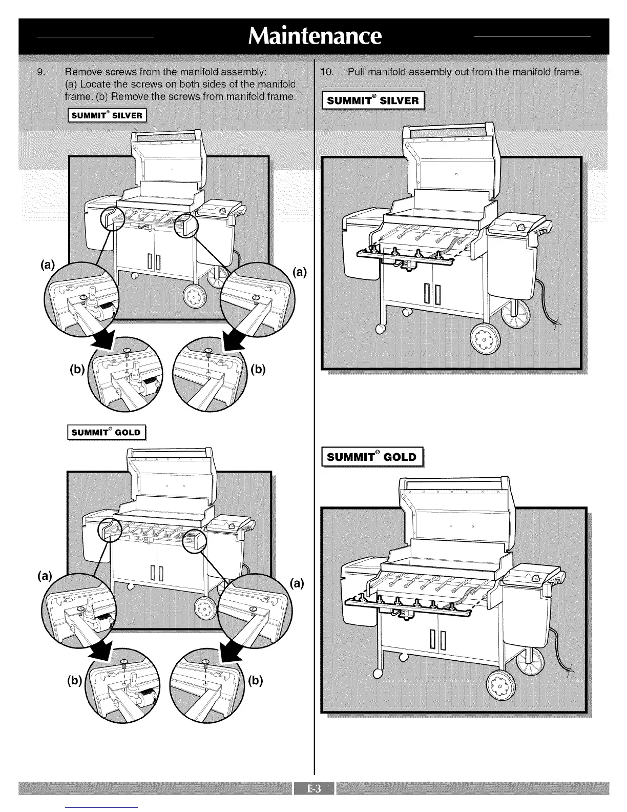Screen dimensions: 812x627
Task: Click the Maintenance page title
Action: [x=313, y=36]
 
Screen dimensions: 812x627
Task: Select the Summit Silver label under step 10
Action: [x=372, y=100]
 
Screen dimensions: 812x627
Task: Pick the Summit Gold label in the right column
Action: [x=372, y=456]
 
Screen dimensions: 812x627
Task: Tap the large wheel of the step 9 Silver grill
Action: [x=194, y=296]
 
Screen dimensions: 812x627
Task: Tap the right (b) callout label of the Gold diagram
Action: [x=255, y=681]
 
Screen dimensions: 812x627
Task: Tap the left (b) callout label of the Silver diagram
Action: [x=76, y=371]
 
